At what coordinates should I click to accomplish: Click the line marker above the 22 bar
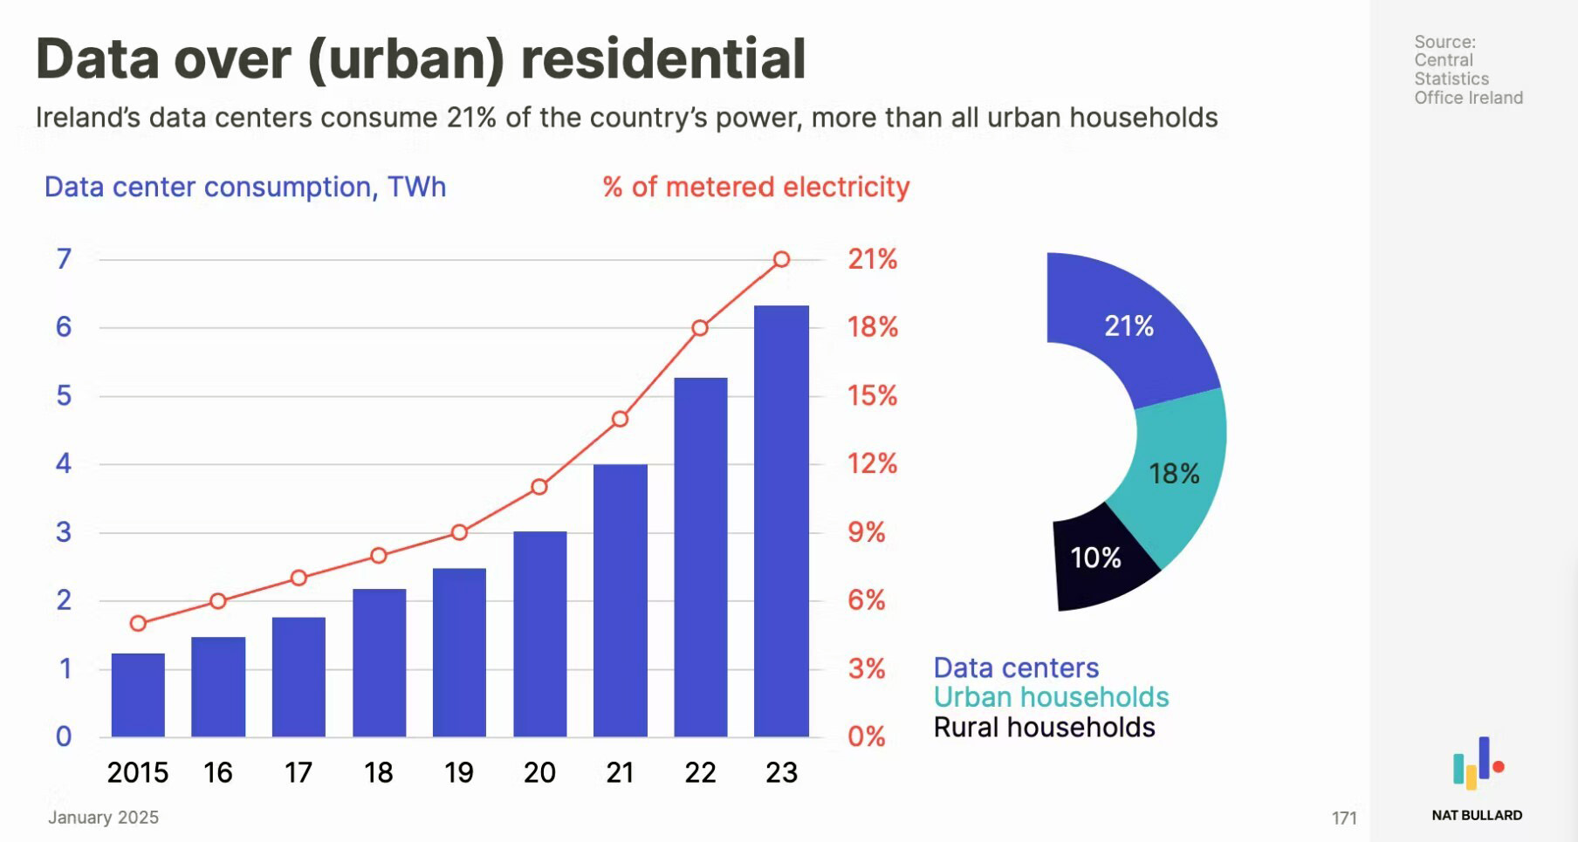tap(700, 328)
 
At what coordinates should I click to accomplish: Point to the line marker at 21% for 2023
tap(782, 259)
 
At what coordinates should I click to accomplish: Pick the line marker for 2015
tap(138, 623)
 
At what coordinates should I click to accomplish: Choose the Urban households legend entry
tap(1051, 697)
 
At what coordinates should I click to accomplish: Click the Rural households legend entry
tap(1044, 727)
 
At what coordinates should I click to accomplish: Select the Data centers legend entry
tap(1016, 667)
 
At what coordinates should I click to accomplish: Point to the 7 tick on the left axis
tap(64, 259)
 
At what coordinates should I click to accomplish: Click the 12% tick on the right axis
tap(872, 463)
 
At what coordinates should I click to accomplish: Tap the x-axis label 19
tap(459, 772)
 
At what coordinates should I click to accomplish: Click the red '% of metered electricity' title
tap(756, 187)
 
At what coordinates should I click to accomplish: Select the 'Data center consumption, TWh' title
tap(245, 187)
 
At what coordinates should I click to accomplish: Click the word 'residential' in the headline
tap(662, 59)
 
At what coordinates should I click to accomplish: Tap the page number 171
tap(1343, 818)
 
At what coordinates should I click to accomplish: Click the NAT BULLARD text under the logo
tap(1477, 815)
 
